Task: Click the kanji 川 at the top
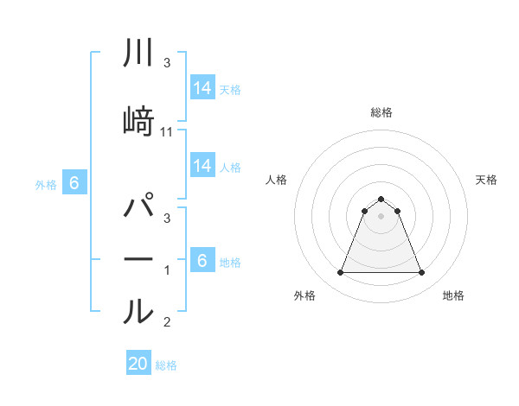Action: (139, 54)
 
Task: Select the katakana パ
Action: (139, 208)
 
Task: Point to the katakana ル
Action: (139, 310)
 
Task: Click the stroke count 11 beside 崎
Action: (168, 131)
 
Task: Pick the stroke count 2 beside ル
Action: (167, 322)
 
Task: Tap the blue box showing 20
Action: (138, 364)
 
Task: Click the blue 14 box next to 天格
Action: (202, 87)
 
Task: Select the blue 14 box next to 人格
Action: (202, 166)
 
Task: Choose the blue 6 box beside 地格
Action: (202, 261)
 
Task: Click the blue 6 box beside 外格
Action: (74, 183)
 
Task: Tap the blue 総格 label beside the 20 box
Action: (166, 365)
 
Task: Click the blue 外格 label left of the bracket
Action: (46, 184)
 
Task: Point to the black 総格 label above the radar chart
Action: (381, 112)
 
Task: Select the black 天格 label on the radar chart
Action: (487, 180)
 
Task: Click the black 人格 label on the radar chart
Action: (276, 180)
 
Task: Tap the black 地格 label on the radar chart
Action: (453, 295)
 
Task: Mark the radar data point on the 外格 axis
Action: (340, 273)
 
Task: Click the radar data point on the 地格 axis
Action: (422, 273)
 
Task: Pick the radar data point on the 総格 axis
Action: (381, 199)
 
